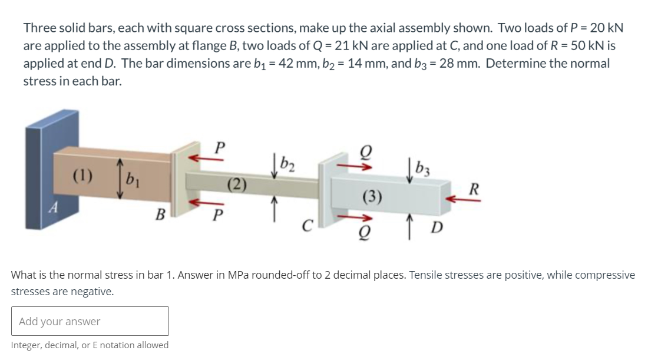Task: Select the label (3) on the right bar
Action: (372, 196)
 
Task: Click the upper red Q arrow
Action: (361, 166)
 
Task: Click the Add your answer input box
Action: (90, 321)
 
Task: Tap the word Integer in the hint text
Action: (28, 345)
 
